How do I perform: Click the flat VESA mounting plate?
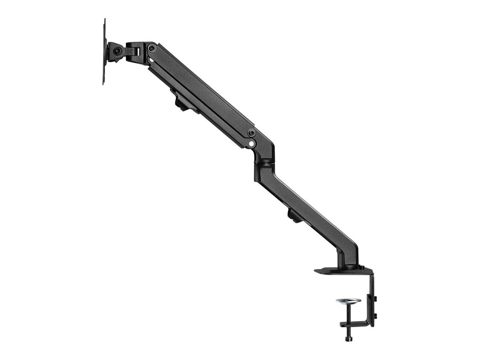104,52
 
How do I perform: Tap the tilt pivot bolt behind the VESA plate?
117,51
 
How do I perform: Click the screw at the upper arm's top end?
151,48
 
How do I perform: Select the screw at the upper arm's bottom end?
252,133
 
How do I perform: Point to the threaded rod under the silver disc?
348,312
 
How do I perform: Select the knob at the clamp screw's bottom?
348,338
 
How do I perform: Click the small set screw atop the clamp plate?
362,268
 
